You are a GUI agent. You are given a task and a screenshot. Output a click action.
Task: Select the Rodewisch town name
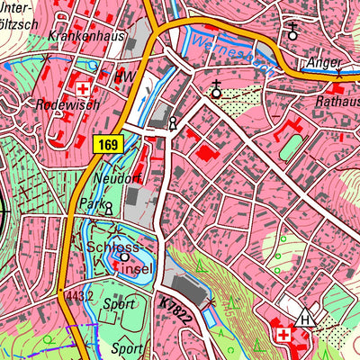pos(63,105)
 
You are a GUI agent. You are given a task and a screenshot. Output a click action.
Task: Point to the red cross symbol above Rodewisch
pos(83,88)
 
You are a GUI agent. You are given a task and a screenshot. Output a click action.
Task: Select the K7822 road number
pos(172,309)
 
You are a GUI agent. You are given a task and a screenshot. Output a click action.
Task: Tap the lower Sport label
pos(127,346)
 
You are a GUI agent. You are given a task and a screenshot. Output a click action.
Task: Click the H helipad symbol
pos(307,319)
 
